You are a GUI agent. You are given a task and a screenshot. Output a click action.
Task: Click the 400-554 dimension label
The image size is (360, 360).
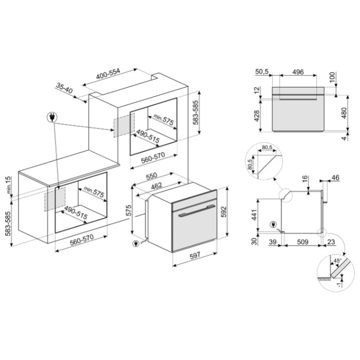(x=108, y=74)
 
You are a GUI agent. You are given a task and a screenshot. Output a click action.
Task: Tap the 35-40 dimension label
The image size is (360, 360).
(x=64, y=88)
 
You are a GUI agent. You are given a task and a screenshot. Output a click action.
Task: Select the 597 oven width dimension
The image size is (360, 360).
(x=195, y=255)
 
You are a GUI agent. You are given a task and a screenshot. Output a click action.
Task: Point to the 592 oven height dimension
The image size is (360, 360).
(x=224, y=212)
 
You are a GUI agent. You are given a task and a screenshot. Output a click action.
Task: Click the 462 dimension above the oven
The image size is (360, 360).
(x=156, y=186)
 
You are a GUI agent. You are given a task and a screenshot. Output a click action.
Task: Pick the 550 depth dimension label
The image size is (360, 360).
(x=152, y=176)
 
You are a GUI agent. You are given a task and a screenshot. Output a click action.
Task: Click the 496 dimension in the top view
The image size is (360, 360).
(x=298, y=72)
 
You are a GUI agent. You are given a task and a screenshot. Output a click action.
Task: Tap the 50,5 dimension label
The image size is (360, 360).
(x=262, y=71)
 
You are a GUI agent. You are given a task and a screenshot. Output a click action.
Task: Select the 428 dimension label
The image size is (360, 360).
(x=257, y=116)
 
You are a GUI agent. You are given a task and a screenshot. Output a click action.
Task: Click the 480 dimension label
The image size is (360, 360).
(x=344, y=113)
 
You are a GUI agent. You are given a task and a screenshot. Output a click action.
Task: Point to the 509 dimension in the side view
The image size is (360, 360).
(x=303, y=242)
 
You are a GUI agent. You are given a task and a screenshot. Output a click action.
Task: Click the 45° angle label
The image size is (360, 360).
(x=337, y=261)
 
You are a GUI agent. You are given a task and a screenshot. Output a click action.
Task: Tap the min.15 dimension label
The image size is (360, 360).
(x=8, y=185)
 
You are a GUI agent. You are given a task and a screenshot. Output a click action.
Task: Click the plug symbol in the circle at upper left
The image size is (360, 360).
(x=51, y=117)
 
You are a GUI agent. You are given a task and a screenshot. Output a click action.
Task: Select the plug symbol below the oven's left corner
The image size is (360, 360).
(x=136, y=243)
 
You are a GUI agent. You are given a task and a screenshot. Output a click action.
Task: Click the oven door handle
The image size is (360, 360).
(x=196, y=211)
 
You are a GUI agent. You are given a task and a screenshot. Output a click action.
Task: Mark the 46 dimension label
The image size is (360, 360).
(x=335, y=177)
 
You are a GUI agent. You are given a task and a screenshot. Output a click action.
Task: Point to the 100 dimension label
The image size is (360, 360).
(x=333, y=78)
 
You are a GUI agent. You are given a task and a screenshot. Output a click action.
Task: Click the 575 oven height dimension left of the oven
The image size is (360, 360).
(x=129, y=210)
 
